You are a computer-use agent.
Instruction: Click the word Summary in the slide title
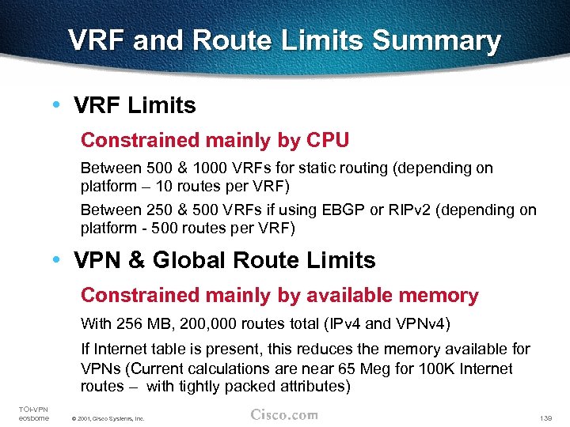coord(435,41)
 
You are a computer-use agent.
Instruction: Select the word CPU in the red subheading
coord(327,141)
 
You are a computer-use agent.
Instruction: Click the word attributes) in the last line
coord(310,387)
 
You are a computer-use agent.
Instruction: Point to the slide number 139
coord(545,417)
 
